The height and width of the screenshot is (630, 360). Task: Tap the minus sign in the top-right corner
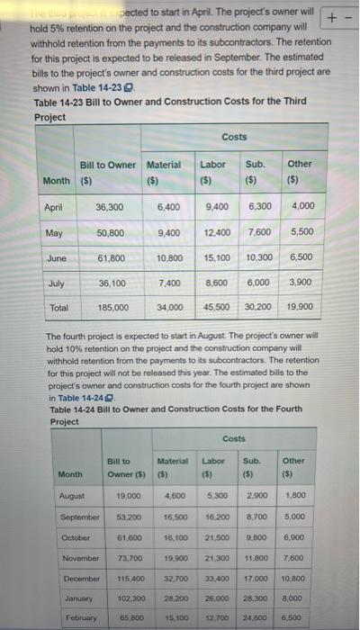[x=349, y=15]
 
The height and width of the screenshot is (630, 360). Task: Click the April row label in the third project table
[x=53, y=206]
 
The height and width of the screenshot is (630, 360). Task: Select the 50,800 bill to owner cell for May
[x=111, y=232]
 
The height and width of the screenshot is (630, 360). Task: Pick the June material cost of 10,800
[x=169, y=257]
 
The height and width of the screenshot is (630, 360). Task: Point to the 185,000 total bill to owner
[x=111, y=307]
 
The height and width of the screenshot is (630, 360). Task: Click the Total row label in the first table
[x=54, y=307]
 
